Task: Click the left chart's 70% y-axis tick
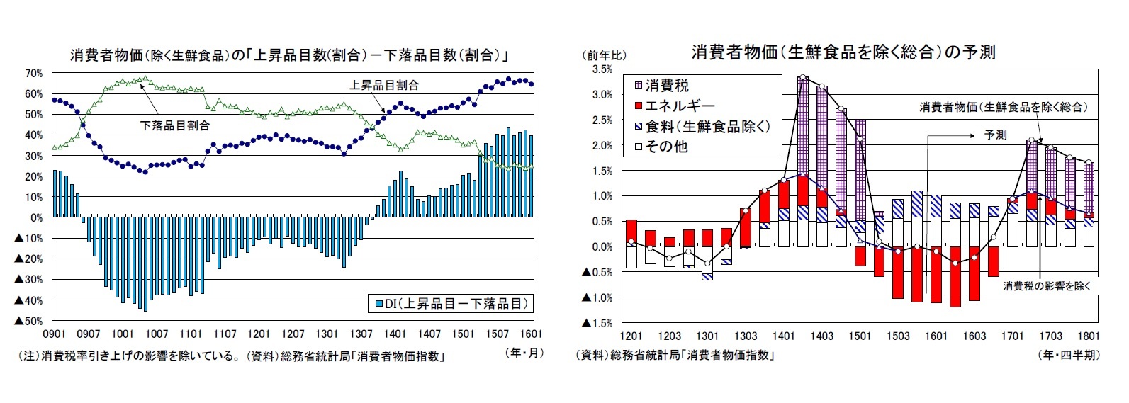coord(33,73)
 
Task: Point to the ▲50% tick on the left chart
coord(30,322)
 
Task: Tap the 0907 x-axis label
coord(88,334)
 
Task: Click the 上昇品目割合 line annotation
coord(384,85)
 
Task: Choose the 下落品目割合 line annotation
coord(174,125)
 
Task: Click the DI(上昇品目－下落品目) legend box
coord(451,304)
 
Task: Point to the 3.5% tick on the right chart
coord(601,69)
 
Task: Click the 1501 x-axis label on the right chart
coord(860,336)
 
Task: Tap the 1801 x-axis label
coord(1089,336)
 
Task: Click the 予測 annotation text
coord(995,135)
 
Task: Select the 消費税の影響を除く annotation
coord(1047,285)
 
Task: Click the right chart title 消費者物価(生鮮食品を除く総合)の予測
coord(843,52)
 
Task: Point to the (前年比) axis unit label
coord(604,55)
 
